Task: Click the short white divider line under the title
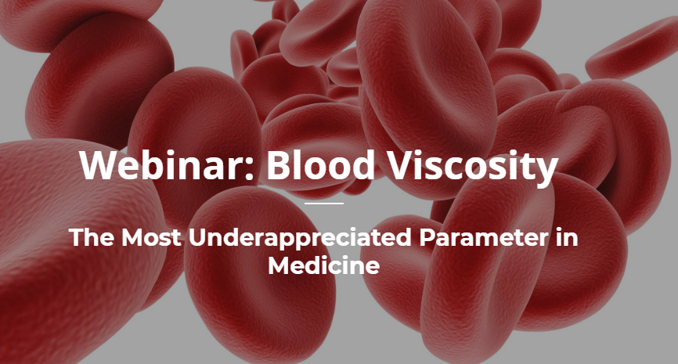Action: pyautogui.click(x=323, y=203)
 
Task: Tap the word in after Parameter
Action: pyautogui.click(x=569, y=238)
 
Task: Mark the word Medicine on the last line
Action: pyautogui.click(x=323, y=265)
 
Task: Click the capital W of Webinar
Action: pyautogui.click(x=98, y=165)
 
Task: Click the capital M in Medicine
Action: pyautogui.click(x=279, y=265)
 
